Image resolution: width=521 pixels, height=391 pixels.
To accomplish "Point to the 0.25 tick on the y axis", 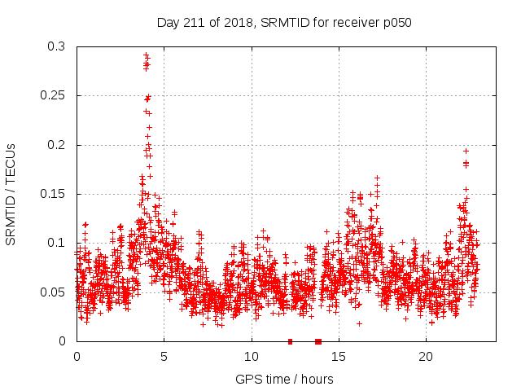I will pos(55,96).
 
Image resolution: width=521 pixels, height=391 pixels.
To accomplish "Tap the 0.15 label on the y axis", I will pos(55,194).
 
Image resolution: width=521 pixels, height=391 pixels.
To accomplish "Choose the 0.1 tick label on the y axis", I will pos(59,243).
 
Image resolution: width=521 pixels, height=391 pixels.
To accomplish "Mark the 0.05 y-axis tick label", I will pos(55,292).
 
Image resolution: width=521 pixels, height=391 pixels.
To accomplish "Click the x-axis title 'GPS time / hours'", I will pos(283,379).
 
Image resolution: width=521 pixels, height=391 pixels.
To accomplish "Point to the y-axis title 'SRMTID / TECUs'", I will pos(11,195).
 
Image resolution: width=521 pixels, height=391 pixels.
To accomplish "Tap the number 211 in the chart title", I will pos(195,22).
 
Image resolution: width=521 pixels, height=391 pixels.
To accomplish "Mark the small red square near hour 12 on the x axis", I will pos(290,341).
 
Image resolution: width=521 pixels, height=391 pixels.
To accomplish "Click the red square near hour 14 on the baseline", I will pos(318,341).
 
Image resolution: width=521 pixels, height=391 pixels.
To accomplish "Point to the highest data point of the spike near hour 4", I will pos(146,55).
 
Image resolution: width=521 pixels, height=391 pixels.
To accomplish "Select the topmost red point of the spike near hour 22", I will pos(466,151).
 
